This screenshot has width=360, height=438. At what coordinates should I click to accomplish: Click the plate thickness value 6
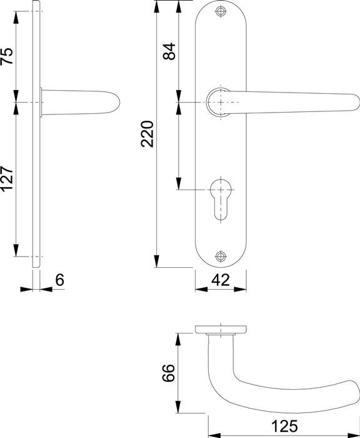click(60, 280)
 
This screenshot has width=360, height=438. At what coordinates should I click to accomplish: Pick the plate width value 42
click(220, 280)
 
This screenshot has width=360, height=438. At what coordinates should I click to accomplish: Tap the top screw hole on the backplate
click(220, 12)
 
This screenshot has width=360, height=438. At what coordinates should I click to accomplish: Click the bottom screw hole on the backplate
click(220, 257)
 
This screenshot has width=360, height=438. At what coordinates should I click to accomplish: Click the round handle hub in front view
click(219, 102)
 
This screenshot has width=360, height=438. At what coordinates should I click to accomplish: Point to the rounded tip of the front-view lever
click(352, 103)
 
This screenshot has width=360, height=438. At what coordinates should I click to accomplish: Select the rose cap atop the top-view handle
click(220, 329)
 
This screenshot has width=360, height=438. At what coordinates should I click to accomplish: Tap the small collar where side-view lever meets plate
click(42, 103)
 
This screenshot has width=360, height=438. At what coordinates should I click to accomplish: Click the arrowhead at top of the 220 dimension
click(157, 5)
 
